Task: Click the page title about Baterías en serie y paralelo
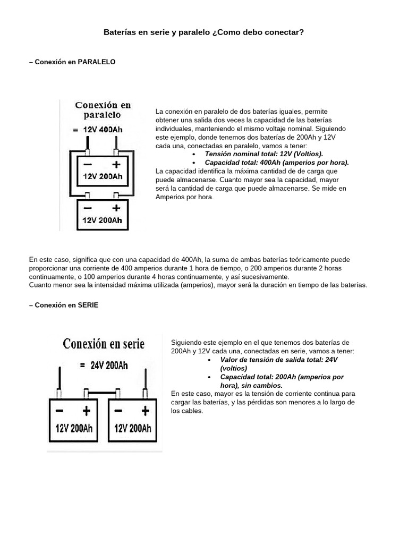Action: [x=203, y=32]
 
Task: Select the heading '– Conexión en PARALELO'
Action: [x=72, y=62]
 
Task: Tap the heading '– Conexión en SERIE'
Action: [x=64, y=305]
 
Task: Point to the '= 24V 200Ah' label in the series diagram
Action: [x=103, y=365]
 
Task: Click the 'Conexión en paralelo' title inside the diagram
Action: [x=103, y=109]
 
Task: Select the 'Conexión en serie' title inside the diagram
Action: [x=104, y=344]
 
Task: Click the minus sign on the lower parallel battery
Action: [x=88, y=207]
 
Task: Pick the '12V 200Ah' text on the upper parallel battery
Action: [x=103, y=177]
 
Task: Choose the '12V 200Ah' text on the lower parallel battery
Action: [x=103, y=219]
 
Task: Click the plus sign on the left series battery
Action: [x=86, y=411]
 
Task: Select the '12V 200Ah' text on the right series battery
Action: [x=132, y=428]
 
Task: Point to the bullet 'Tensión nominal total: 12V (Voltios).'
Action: [x=263, y=154]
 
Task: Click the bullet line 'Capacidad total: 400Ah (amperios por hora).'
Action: [x=276, y=163]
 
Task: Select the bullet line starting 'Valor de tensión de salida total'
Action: [x=271, y=360]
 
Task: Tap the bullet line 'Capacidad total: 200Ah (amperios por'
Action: [x=274, y=377]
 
